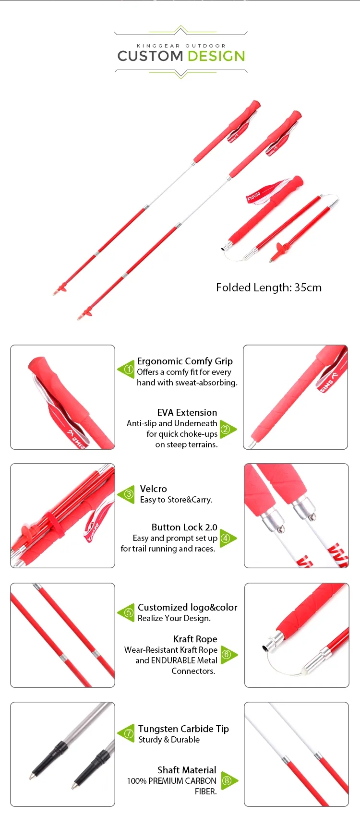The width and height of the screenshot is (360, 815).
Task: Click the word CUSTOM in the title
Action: click(x=150, y=56)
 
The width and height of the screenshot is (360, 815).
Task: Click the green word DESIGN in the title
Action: click(x=216, y=56)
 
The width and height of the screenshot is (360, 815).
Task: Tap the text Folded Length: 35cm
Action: click(x=269, y=288)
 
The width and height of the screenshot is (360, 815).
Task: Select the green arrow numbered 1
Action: click(x=126, y=369)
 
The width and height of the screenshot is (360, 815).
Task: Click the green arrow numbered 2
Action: click(x=228, y=429)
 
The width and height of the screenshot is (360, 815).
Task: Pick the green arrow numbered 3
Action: click(x=126, y=494)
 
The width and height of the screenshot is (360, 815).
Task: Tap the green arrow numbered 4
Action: click(x=228, y=538)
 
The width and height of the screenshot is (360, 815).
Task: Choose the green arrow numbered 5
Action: click(x=126, y=613)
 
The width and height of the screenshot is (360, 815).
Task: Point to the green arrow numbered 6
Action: click(x=229, y=655)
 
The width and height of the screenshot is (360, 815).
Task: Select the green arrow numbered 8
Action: click(x=229, y=780)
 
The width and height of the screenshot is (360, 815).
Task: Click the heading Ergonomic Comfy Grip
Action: click(x=184, y=361)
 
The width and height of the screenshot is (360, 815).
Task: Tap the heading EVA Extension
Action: click(x=187, y=413)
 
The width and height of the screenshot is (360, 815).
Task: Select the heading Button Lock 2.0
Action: click(x=184, y=527)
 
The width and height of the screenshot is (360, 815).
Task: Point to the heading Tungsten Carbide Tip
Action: click(x=183, y=729)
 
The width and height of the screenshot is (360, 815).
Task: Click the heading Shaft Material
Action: click(x=187, y=770)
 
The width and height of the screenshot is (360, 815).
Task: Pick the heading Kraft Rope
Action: click(x=195, y=639)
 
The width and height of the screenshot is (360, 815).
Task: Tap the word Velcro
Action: click(x=153, y=489)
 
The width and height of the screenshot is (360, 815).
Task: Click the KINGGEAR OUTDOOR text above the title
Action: click(x=181, y=46)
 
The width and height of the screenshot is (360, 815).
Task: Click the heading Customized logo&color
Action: click(x=188, y=608)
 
